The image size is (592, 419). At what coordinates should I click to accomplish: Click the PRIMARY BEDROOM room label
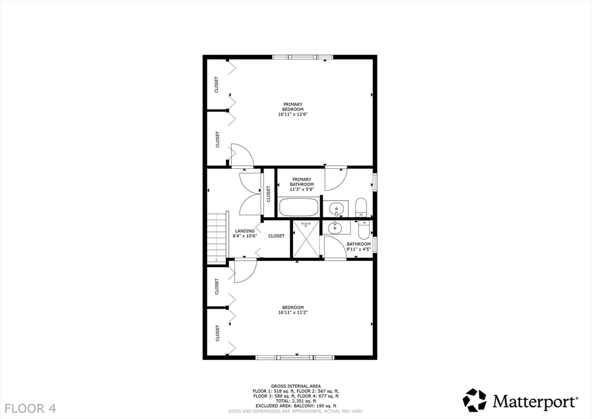click(x=293, y=107)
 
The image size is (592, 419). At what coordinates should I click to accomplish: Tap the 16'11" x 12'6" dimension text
click(x=293, y=114)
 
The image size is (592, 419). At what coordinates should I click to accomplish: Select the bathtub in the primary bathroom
click(x=299, y=207)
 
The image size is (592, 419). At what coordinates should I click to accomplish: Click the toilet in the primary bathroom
click(x=361, y=207)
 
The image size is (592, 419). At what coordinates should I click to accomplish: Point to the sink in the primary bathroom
click(x=336, y=208)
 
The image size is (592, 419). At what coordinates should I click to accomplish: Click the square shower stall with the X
click(x=306, y=239)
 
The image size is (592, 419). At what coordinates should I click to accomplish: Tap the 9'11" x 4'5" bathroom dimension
click(x=358, y=250)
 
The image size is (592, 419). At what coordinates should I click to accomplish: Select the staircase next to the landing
click(x=216, y=237)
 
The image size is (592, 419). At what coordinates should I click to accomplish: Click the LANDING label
click(x=245, y=231)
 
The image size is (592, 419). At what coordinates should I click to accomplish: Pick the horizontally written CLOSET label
click(x=276, y=236)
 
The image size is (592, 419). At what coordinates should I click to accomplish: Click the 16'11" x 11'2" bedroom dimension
click(x=293, y=313)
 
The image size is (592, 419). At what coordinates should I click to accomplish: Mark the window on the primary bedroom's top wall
click(x=303, y=57)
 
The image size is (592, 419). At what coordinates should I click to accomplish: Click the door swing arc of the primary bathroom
click(x=335, y=179)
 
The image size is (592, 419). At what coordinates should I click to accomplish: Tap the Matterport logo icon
click(x=475, y=400)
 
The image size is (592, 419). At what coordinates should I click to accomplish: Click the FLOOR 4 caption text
click(x=28, y=408)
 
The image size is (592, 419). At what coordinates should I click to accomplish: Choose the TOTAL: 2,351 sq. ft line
click(x=295, y=401)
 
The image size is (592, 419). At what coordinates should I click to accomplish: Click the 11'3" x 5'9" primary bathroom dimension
click(x=302, y=189)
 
